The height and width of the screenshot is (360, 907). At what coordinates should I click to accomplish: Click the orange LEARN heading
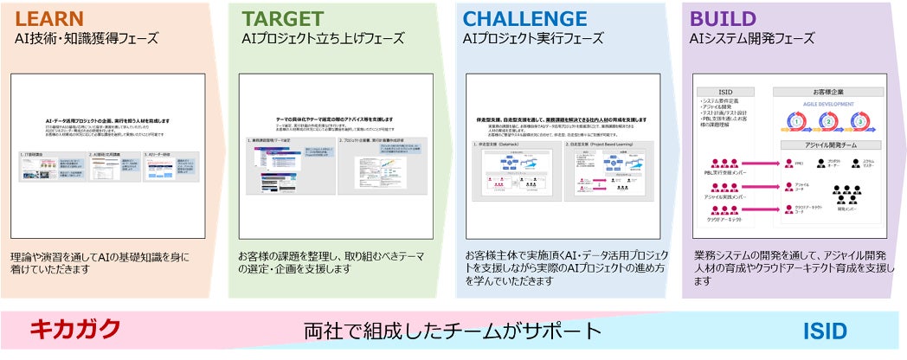click(49, 19)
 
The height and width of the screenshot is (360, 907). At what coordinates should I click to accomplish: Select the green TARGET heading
click(282, 19)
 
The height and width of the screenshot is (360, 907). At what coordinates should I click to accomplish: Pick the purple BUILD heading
click(723, 19)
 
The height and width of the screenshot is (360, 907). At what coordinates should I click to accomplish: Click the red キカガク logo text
click(75, 330)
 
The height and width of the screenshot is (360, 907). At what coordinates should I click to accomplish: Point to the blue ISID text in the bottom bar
click(824, 331)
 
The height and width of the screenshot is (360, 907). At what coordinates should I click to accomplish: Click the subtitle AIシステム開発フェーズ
click(751, 39)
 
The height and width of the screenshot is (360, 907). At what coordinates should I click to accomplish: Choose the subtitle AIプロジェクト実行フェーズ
click(533, 39)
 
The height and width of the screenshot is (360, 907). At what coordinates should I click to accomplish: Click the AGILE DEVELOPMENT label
click(828, 105)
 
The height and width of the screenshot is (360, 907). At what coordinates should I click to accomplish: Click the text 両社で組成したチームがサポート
click(452, 331)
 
